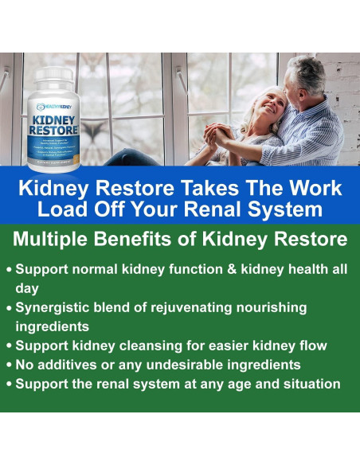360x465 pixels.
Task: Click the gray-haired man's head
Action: tap(306, 76)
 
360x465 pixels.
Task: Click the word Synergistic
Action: tap(60, 307)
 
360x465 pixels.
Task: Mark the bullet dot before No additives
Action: tap(9, 365)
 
